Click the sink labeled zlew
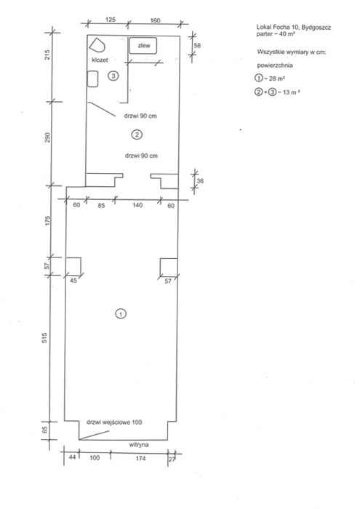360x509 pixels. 143,46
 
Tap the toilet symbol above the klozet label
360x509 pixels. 97,45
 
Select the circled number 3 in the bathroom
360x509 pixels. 113,76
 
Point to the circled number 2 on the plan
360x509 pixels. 137,135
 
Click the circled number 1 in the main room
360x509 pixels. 121,314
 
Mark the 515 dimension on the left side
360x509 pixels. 45,338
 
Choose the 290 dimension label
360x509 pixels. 48,137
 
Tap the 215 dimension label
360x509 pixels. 48,55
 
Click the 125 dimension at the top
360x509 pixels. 111,20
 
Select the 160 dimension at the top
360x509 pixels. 155,20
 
